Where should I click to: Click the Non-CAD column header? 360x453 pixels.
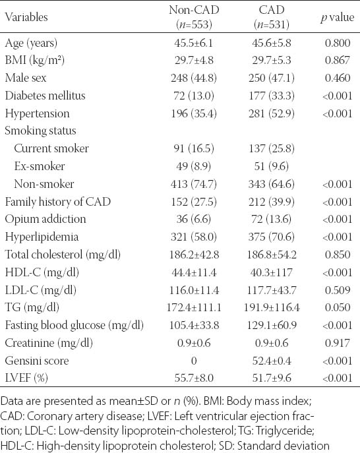click(x=194, y=17)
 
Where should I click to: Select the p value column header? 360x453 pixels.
click(x=337, y=17)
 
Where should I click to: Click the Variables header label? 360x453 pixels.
click(x=26, y=17)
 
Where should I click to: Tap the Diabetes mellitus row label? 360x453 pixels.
click(x=45, y=96)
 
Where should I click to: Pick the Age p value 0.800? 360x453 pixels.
click(x=338, y=43)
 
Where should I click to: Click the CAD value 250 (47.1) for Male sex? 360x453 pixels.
click(x=271, y=78)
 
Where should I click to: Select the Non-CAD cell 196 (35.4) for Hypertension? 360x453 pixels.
click(x=194, y=113)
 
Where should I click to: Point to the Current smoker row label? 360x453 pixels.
click(x=51, y=148)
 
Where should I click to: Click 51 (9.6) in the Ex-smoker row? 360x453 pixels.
click(x=271, y=166)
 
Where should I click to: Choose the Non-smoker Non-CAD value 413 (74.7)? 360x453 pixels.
click(x=194, y=184)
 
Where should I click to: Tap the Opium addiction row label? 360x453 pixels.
click(x=45, y=219)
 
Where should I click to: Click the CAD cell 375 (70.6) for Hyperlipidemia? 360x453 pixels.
click(x=271, y=237)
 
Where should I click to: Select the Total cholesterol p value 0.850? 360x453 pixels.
click(x=338, y=255)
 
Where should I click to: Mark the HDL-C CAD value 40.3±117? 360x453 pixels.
click(x=271, y=272)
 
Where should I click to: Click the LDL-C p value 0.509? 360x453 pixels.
click(x=338, y=290)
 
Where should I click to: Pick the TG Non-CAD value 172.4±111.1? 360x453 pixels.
click(x=194, y=307)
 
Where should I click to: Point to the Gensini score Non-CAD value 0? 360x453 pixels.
click(x=194, y=361)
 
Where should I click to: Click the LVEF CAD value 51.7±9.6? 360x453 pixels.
click(x=272, y=378)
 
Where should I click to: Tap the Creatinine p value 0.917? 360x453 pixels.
click(x=338, y=343)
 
